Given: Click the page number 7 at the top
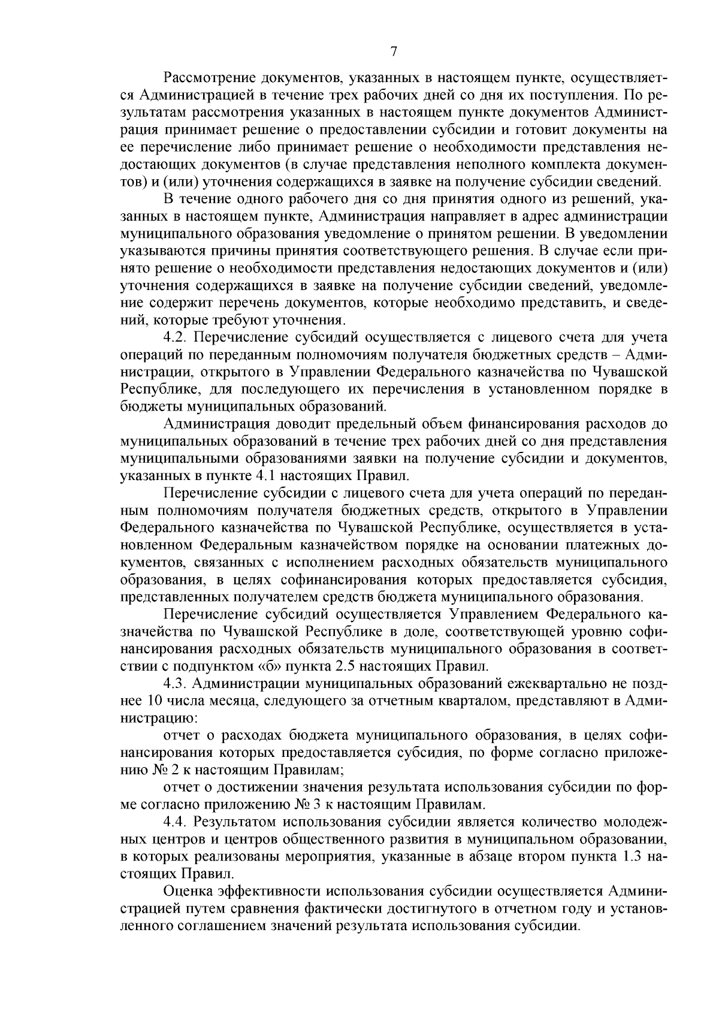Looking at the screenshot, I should point(394,52).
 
